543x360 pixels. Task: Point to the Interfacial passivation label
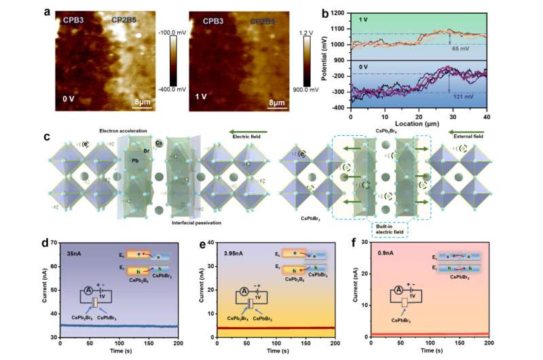[x=179, y=222]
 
